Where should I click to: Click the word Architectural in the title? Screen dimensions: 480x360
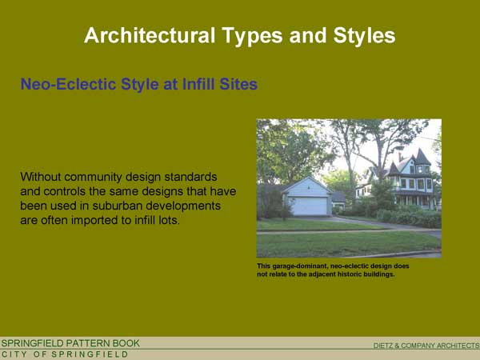coord(150,35)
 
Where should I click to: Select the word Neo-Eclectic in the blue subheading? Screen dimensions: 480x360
coord(68,84)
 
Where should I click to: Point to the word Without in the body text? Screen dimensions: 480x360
coord(41,177)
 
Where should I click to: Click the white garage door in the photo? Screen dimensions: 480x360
coord(309,206)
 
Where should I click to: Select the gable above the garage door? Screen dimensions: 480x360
coord(307,186)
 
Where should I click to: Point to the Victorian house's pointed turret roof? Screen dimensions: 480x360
coord(422,157)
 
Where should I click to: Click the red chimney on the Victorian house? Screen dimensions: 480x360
coord(400,157)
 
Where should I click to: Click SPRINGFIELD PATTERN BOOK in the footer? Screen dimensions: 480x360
coord(70,343)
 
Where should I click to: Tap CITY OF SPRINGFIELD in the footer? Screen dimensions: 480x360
coord(65,354)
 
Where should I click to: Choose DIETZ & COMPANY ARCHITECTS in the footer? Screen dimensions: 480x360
coord(426,346)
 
